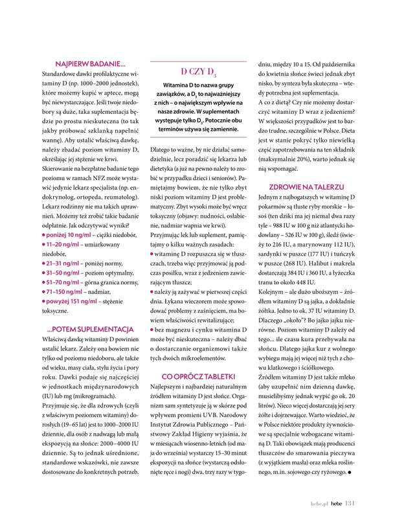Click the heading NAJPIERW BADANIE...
(91, 63)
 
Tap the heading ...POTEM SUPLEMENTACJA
(91, 329)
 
